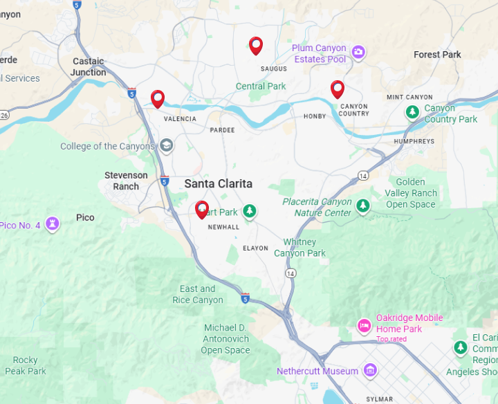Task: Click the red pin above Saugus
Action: click(256, 46)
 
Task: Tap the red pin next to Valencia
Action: click(158, 99)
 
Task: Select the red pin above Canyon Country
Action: click(338, 89)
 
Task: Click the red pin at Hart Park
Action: click(202, 209)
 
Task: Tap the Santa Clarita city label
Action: click(218, 183)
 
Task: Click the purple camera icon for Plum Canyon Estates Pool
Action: click(358, 52)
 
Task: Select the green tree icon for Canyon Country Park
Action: click(412, 111)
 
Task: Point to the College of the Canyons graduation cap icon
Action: click(166, 146)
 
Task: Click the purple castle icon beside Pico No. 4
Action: click(52, 223)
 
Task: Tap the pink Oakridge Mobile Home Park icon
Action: click(364, 325)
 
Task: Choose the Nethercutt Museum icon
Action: click(370, 371)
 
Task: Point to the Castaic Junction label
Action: click(89, 66)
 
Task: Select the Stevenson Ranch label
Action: click(126, 181)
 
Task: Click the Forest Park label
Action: click(437, 55)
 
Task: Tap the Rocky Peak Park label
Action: click(26, 365)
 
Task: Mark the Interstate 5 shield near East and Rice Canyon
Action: click(245, 297)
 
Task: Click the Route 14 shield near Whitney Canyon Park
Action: click(290, 274)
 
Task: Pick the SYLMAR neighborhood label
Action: click(380, 399)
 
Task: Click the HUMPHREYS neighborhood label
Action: click(414, 141)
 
